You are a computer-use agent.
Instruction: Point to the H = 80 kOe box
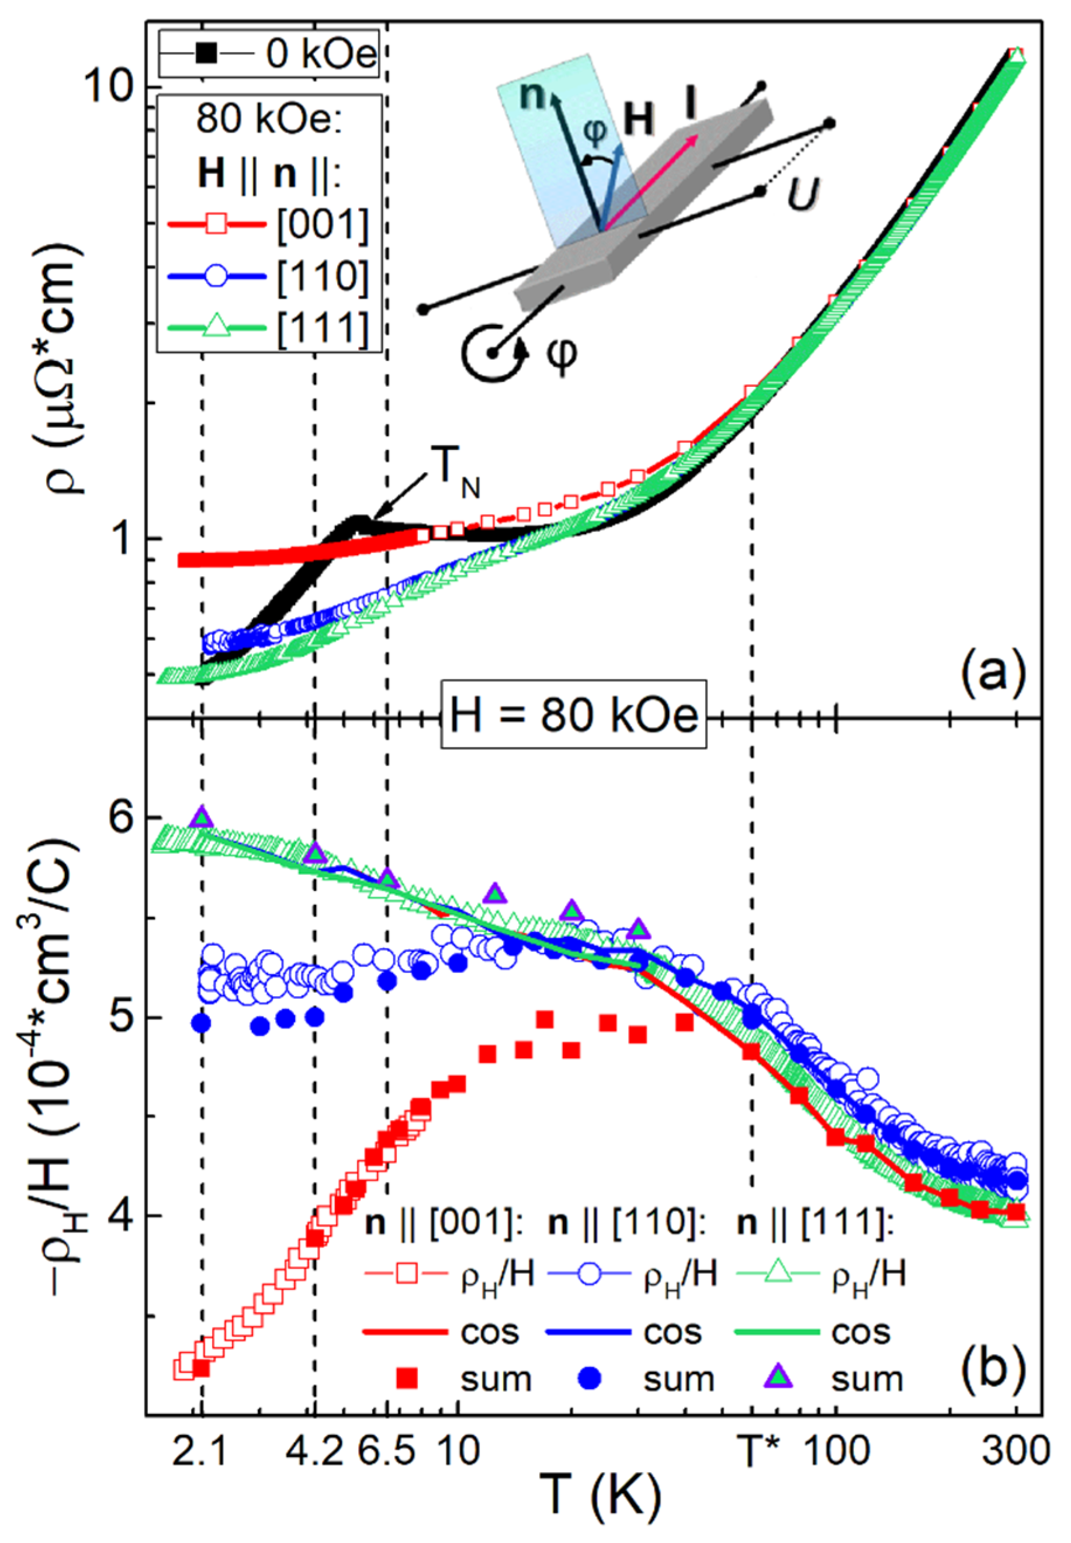(x=574, y=716)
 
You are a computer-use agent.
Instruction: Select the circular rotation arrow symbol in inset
(x=493, y=352)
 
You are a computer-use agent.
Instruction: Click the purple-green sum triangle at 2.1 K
(x=202, y=818)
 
